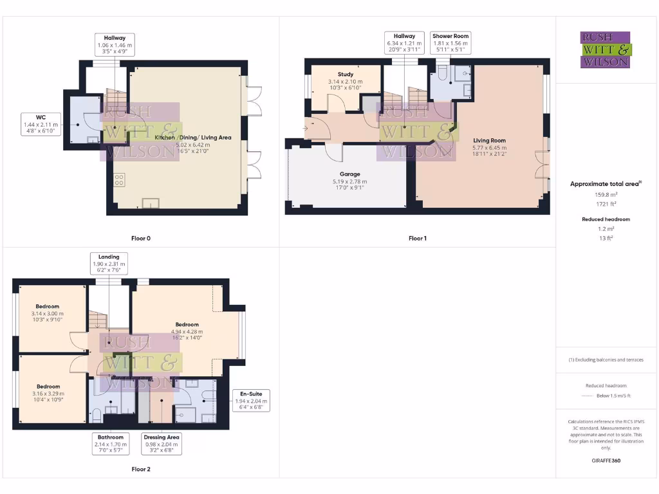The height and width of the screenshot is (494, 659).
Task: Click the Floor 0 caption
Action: tap(140, 238)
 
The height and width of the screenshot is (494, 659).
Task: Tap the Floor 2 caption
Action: tap(140, 469)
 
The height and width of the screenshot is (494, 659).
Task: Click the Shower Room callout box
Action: tap(450, 43)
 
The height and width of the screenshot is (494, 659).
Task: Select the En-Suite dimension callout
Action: tap(250, 400)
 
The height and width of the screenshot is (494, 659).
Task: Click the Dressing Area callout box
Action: tap(162, 443)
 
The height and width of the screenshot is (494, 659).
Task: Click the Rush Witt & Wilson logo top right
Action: tap(605, 50)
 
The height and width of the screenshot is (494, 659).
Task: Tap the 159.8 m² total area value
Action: tap(604, 194)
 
